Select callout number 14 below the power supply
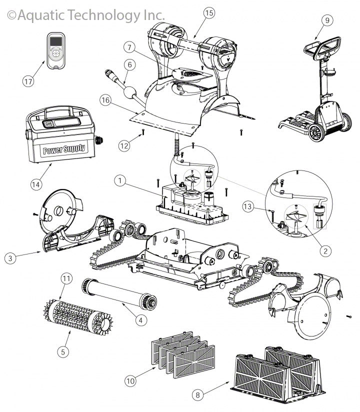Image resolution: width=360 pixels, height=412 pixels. point(35,183)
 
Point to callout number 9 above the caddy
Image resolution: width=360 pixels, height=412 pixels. point(327,20)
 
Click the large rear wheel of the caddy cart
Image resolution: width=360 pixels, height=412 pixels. point(316,132)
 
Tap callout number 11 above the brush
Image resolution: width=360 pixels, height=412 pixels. point(65,278)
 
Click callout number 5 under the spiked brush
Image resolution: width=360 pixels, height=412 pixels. point(62,351)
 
